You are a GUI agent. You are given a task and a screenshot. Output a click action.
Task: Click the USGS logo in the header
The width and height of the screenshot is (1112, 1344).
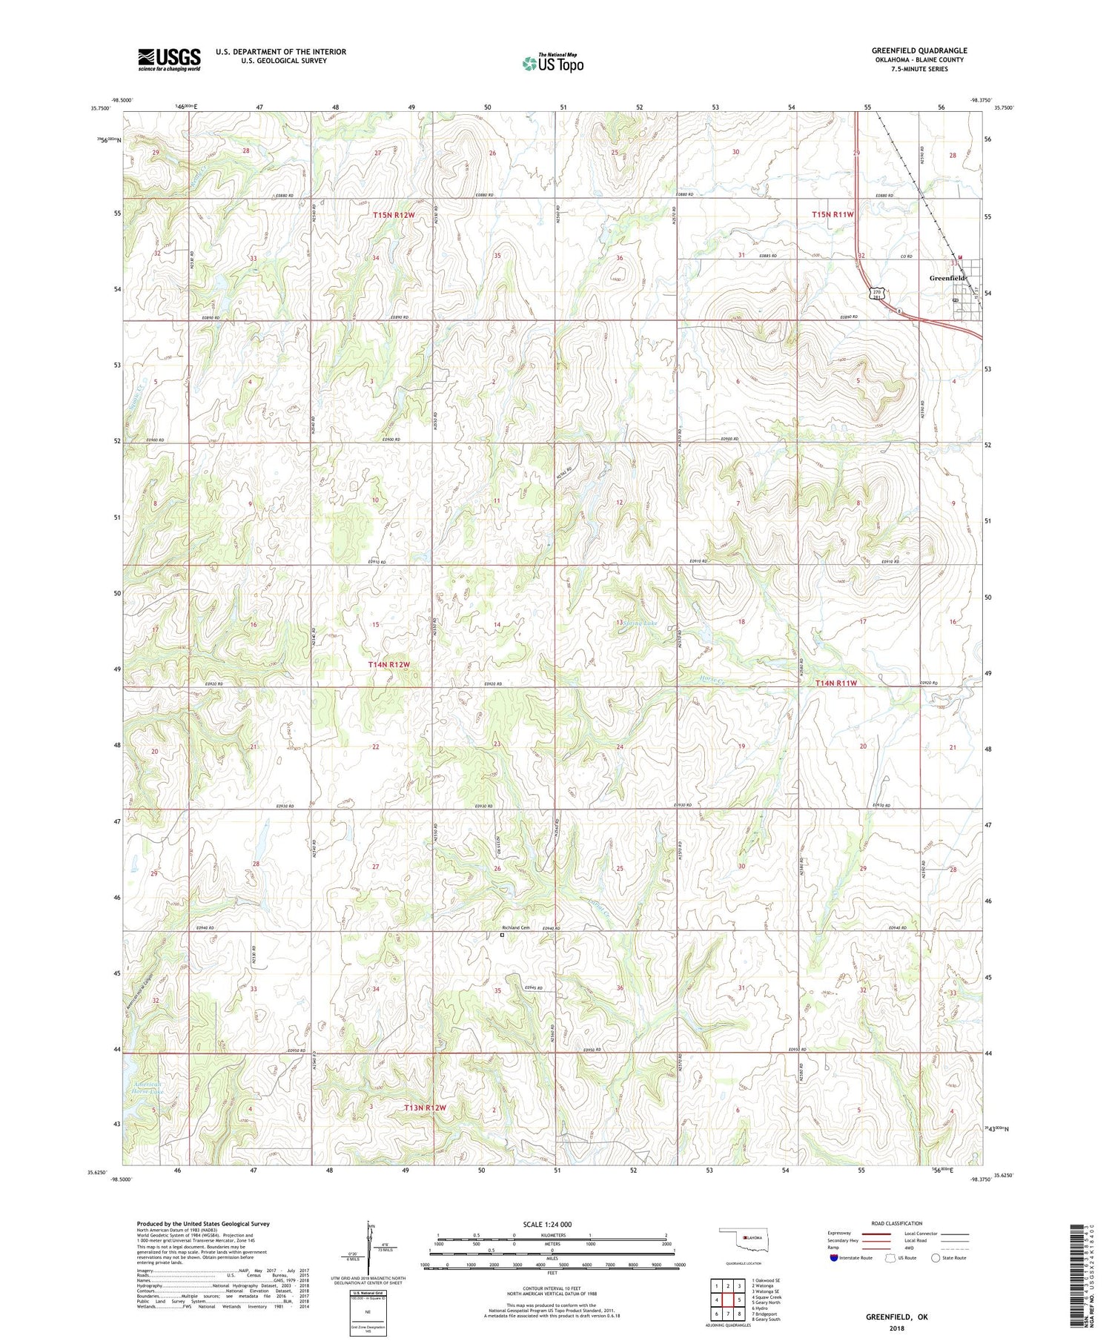(x=169, y=59)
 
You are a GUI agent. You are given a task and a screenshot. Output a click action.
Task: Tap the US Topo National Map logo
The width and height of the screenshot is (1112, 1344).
(x=552, y=63)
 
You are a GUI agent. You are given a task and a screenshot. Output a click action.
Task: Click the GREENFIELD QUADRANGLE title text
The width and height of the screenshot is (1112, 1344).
(x=919, y=50)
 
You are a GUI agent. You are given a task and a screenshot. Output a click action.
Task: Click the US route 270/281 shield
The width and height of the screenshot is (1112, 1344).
(x=878, y=294)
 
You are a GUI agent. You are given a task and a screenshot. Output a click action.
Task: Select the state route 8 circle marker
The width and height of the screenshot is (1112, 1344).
(x=899, y=311)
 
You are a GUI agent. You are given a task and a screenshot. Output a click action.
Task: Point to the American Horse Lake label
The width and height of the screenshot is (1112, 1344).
(x=145, y=1088)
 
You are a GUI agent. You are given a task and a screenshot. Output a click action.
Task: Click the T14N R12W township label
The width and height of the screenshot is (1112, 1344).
(x=388, y=665)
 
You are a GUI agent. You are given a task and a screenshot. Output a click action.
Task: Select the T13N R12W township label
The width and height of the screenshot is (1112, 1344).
(x=425, y=1108)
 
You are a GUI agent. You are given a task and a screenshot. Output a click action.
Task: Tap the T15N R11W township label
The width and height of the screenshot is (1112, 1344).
(x=833, y=214)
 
